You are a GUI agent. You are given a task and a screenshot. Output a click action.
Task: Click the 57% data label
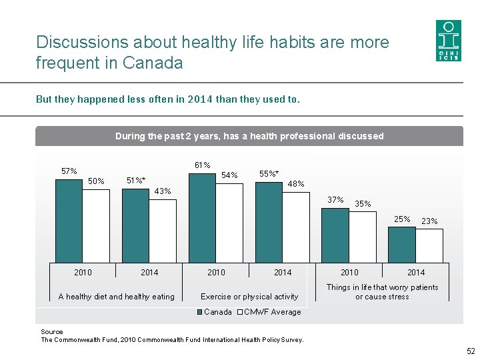69,171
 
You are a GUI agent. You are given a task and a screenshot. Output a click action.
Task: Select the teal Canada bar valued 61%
203,217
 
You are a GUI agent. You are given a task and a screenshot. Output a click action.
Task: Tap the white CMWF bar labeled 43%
163,230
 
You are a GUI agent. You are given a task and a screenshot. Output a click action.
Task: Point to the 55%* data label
269,174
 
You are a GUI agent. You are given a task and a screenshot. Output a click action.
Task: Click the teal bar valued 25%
402,244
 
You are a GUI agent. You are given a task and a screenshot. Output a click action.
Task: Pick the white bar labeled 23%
429,245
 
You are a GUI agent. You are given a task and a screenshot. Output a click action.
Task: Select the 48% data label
296,184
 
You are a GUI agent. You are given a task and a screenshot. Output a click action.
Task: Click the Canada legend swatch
199,312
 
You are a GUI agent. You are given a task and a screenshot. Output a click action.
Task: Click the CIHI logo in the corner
447,41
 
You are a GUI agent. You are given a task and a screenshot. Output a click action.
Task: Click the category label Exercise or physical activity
249,297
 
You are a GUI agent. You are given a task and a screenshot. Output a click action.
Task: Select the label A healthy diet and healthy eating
116,297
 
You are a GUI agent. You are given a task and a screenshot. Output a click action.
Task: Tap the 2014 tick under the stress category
416,272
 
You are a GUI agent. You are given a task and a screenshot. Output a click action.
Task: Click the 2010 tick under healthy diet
83,272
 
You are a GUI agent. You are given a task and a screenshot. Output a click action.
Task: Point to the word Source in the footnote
52,331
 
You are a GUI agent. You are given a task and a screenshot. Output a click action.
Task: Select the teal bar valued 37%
335,235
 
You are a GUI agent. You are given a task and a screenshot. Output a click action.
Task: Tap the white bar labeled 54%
229,223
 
